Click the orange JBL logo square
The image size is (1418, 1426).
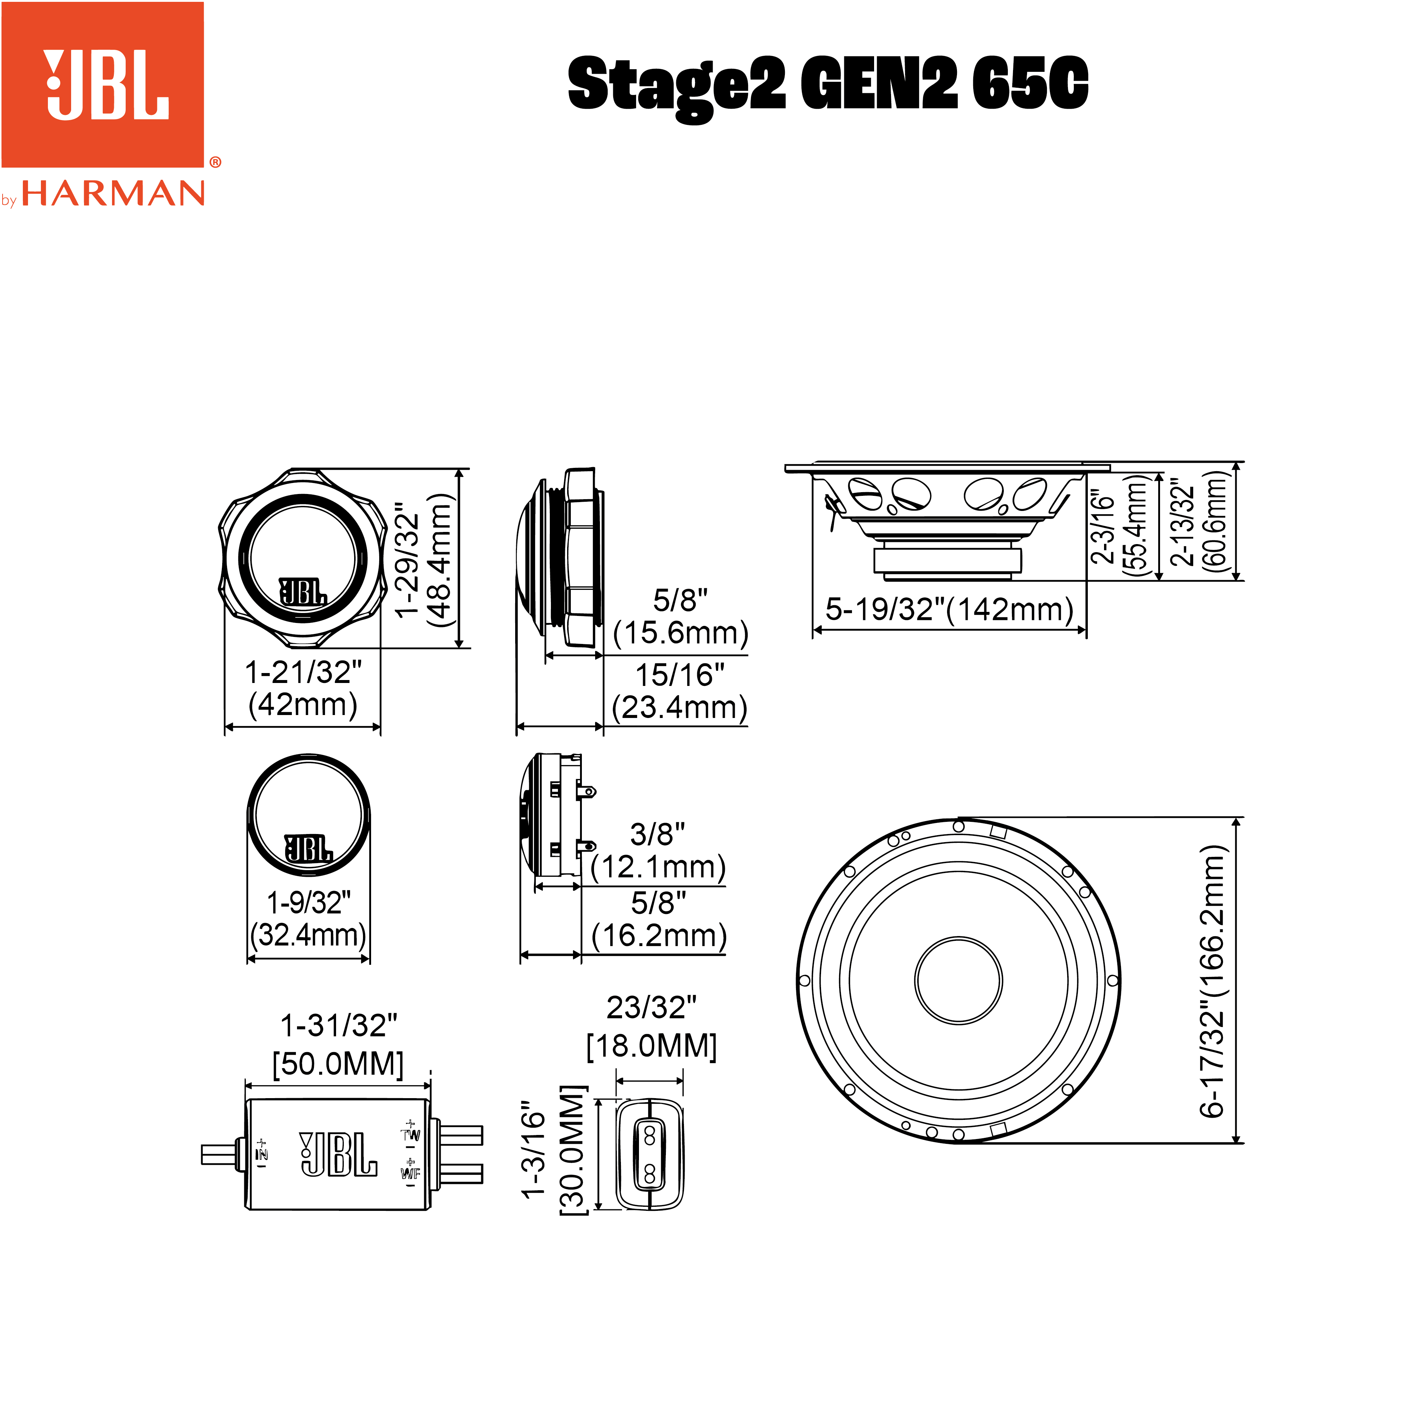(x=102, y=84)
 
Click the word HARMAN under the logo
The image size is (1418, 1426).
(x=113, y=193)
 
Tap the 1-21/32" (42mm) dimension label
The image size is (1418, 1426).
(x=303, y=688)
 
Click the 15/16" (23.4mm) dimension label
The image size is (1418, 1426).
(x=680, y=691)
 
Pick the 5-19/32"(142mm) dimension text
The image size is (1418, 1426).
(x=949, y=609)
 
